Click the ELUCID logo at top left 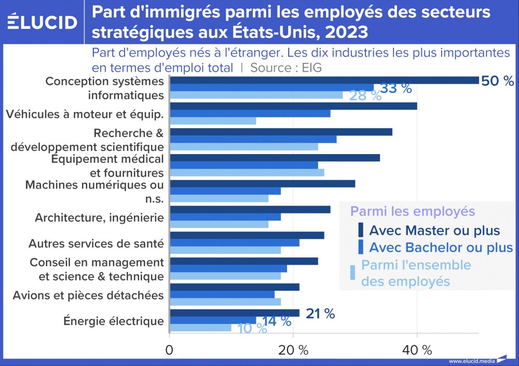pyautogui.click(x=43, y=22)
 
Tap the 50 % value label pyautogui.click(x=497, y=81)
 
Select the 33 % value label pyautogui.click(x=396, y=88)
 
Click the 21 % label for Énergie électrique pyautogui.click(x=320, y=313)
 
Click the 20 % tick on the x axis pyautogui.click(x=293, y=350)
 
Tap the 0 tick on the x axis pyautogui.click(x=170, y=350)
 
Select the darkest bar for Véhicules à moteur pyautogui.click(x=293, y=106)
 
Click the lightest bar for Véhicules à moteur pyautogui.click(x=213, y=121)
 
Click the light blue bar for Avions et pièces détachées pyautogui.click(x=225, y=302)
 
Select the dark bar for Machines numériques pyautogui.click(x=263, y=184)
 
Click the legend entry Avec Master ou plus pyautogui.click(x=434, y=230)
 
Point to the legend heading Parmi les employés pyautogui.click(x=413, y=211)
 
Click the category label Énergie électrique pyautogui.click(x=113, y=321)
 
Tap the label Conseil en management pyautogui.click(x=97, y=262)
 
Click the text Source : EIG pyautogui.click(x=286, y=67)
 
